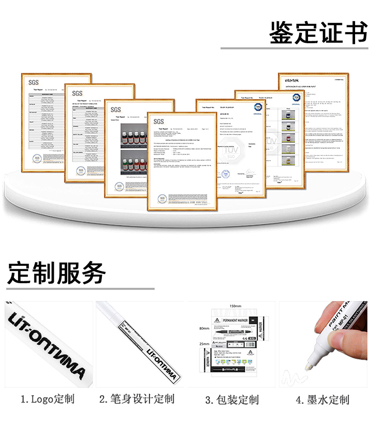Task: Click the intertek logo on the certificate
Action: click(291, 81)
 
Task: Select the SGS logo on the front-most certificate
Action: click(159, 121)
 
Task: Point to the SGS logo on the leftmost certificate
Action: click(34, 82)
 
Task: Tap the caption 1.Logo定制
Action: click(47, 399)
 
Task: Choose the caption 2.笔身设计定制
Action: click(137, 399)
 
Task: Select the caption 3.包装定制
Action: click(232, 400)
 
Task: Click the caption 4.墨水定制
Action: click(323, 400)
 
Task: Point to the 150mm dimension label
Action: click(235, 306)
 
